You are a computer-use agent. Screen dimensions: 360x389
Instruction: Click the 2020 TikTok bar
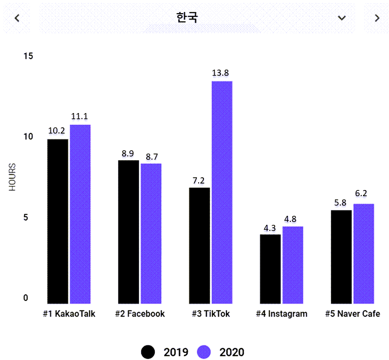[222, 192]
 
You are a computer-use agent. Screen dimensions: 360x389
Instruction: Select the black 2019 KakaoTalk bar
[58, 221]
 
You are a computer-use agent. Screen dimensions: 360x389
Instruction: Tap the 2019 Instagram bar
[270, 269]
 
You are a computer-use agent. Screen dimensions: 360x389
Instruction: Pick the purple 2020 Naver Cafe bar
[364, 254]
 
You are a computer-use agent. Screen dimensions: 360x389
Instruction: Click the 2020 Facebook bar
[151, 233]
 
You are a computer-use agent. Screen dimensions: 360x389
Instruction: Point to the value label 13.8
[220, 73]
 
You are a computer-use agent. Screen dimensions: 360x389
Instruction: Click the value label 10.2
[57, 131]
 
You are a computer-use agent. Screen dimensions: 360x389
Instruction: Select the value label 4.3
[270, 228]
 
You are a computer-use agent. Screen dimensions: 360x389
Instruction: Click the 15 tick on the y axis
[28, 56]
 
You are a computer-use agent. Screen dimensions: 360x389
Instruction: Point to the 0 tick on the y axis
[26, 298]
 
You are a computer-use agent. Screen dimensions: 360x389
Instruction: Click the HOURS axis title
[13, 177]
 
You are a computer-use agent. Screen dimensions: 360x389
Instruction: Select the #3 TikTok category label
[211, 314]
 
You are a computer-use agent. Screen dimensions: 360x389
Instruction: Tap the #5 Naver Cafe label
[353, 314]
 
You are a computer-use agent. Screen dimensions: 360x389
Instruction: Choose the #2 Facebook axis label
[140, 314]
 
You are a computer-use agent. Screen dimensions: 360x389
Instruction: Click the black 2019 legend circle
[148, 352]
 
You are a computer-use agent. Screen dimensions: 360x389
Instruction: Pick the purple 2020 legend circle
[204, 352]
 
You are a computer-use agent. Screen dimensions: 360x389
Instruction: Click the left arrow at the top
[17, 18]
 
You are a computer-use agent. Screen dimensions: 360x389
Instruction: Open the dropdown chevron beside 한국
[342, 18]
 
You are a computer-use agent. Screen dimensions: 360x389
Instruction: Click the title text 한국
[187, 18]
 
